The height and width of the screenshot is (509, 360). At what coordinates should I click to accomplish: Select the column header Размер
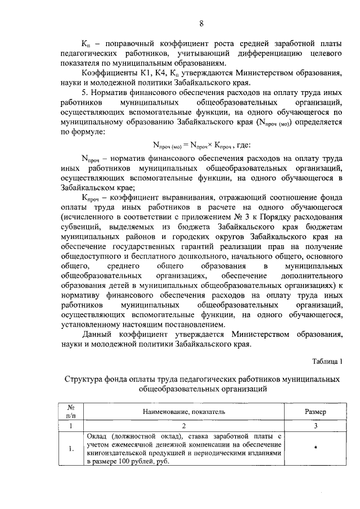coord(316,412)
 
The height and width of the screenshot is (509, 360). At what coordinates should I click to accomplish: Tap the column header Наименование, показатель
coord(183,412)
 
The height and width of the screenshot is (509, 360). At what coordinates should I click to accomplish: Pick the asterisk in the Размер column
coord(316,448)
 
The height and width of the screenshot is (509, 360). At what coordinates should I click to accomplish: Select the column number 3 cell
coord(316,426)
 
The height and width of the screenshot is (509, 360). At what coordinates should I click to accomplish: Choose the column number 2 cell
coord(183,426)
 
